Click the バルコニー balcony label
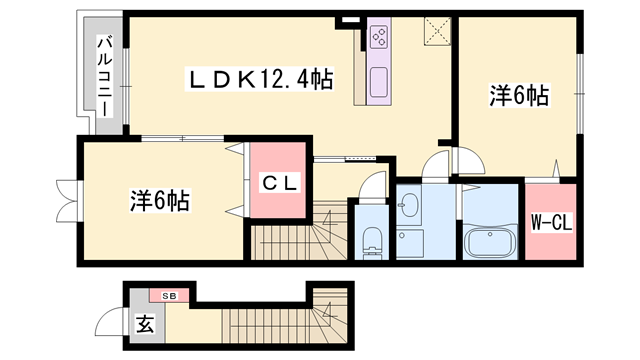tap(103, 75)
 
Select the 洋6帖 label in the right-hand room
tap(519, 96)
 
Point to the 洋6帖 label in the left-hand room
tap(159, 198)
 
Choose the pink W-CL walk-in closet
tap(551, 222)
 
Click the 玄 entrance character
tap(143, 323)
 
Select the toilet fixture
tap(371, 241)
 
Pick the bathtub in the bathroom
tap(490, 242)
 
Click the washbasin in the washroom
tap(409, 207)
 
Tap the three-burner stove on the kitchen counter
tap(380, 38)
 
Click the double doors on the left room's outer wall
tap(66, 201)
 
